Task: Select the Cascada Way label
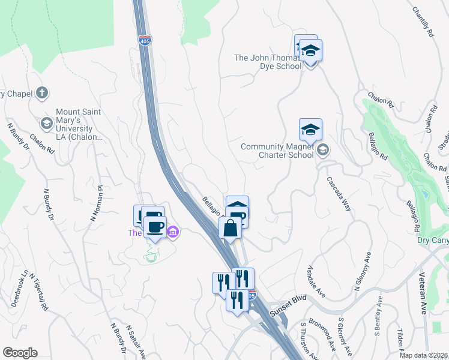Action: click(339, 193)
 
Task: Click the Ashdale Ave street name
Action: click(316, 281)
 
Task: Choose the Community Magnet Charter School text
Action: click(277, 151)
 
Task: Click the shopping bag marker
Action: click(230, 228)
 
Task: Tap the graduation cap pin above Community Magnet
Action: click(310, 129)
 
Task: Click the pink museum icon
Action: click(172, 232)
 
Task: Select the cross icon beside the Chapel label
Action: click(41, 93)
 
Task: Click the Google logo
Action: click(20, 353)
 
